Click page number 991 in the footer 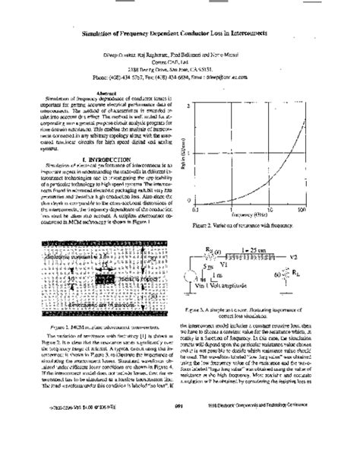[x=180, y=449]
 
